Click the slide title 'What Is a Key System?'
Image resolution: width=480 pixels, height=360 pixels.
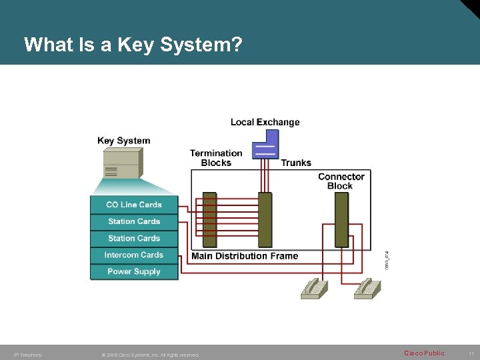133,45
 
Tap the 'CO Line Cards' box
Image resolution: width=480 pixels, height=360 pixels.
134,205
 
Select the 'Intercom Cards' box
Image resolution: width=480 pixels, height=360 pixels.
134,255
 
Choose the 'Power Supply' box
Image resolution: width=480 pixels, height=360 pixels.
134,271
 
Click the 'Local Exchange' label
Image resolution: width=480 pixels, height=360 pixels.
265,122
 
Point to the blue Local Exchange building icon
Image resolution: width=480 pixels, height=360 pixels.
265,144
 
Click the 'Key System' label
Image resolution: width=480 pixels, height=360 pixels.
123,141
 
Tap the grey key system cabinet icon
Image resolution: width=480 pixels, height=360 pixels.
122,164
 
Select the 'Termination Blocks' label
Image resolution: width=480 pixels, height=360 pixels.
216,158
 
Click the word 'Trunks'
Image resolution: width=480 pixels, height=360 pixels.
296,163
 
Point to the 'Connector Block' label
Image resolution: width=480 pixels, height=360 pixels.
341,181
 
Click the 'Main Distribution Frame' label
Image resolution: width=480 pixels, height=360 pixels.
245,256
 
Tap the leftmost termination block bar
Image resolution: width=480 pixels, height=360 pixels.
209,220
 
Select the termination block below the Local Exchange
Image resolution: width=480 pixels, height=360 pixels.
265,220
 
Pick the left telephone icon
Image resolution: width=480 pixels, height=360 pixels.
314,289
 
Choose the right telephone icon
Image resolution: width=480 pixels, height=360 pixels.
367,289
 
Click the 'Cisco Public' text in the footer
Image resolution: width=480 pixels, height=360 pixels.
424,353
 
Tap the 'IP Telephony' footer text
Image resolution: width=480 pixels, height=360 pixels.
27,355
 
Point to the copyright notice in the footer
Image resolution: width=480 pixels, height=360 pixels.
150,355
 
